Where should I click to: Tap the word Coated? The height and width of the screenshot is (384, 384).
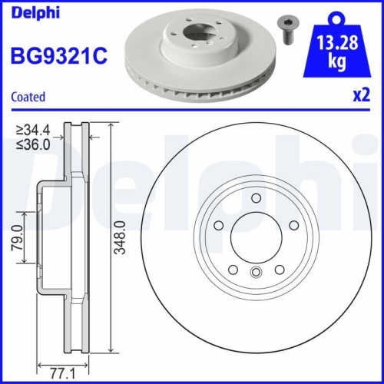point(28,97)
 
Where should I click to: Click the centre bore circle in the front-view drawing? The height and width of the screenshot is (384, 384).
point(257,238)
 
